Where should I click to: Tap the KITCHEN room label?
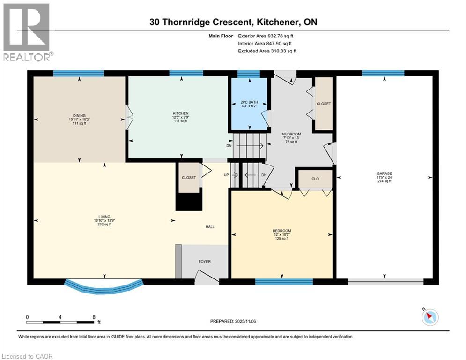coord(181,113)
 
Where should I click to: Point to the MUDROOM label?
coord(291,134)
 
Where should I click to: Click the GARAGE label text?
coord(384,173)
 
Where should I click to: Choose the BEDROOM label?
coord(282,231)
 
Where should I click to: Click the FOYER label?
coord(205,262)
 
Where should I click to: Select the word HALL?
coord(210,227)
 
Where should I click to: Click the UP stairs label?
coord(226,175)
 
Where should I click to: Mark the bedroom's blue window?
coord(284,282)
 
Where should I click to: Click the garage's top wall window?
coord(383,73)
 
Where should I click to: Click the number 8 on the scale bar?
coord(94,317)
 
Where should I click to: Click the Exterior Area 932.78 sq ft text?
coord(266,36)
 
